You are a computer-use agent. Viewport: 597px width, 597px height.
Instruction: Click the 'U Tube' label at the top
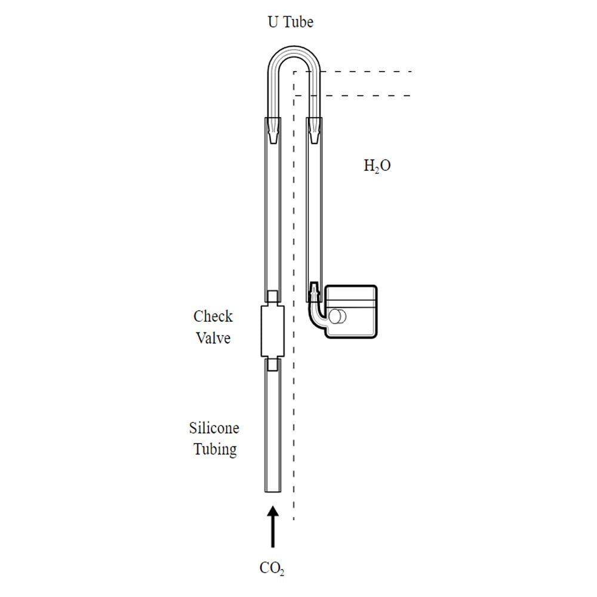291,21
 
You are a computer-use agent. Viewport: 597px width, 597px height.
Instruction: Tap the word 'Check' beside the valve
213,316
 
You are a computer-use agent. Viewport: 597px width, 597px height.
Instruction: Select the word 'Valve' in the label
213,338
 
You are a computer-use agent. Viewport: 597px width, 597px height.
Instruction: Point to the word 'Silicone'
214,428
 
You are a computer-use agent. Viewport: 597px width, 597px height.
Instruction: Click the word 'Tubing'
215,450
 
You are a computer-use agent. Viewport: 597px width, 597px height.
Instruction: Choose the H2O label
377,165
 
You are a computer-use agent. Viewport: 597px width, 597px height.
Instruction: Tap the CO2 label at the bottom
272,568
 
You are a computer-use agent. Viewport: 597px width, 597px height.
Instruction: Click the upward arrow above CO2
273,527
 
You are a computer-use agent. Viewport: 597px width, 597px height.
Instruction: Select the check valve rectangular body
273,331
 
